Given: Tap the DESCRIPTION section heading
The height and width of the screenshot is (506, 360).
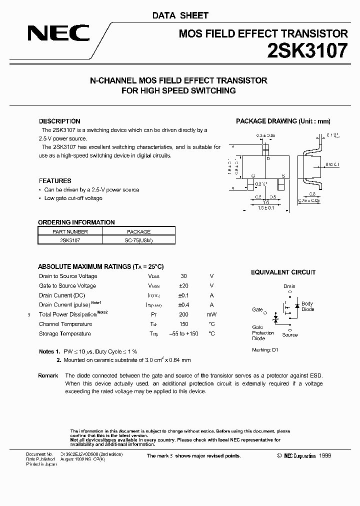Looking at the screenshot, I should [x=59, y=121].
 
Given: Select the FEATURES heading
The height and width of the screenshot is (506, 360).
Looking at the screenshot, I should [x=55, y=181].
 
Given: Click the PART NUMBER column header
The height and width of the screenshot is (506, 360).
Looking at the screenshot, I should [x=70, y=232].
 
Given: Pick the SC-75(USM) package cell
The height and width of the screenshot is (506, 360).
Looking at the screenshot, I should [x=138, y=240].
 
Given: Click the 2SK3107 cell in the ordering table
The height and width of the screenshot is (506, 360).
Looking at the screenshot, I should [x=70, y=240].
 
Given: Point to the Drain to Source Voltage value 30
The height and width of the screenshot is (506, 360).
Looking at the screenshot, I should [x=183, y=276].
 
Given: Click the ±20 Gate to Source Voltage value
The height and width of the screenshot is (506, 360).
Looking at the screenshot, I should [x=183, y=286].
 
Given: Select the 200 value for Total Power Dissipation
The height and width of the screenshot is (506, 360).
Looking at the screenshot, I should [x=183, y=314].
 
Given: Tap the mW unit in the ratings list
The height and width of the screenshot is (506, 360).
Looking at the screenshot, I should [x=211, y=314].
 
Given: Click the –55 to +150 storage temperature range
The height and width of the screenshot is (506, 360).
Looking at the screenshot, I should [x=183, y=333].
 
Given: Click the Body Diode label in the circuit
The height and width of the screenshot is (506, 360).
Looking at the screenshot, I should [x=307, y=306].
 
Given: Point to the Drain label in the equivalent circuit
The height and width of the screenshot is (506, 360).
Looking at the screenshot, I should [x=289, y=286].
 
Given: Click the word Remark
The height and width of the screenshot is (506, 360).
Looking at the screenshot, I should [x=48, y=375].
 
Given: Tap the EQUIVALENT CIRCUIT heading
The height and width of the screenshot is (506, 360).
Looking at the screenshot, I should [x=283, y=272].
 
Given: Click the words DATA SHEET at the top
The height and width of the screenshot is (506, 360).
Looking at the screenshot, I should [x=180, y=15].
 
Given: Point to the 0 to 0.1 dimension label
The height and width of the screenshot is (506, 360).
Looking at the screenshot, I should [x=332, y=164].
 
